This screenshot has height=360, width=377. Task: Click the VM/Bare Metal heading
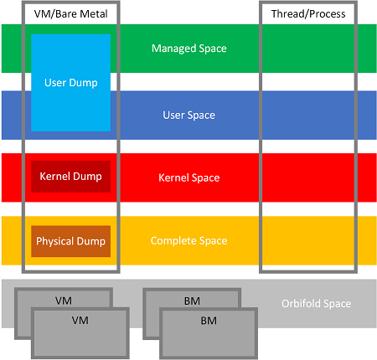point(70,13)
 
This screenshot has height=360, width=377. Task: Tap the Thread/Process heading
point(308,13)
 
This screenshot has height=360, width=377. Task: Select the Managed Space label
point(189,49)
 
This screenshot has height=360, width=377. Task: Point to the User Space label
point(189,115)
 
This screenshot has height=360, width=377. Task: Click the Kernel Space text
point(189,177)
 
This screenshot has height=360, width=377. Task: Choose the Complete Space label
point(189,240)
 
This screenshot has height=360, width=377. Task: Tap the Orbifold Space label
point(316,303)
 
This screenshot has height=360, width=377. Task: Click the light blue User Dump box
point(70,83)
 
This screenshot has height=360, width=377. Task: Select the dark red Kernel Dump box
point(70,177)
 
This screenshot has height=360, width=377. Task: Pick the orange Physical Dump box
point(70,241)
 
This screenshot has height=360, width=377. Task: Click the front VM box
point(80,333)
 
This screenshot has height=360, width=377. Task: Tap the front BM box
point(209,333)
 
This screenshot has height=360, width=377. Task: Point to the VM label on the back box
point(64,301)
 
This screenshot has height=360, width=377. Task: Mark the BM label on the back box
point(192,301)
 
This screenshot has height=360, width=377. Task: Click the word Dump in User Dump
point(83,83)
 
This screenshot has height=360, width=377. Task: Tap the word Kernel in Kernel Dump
point(55,176)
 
